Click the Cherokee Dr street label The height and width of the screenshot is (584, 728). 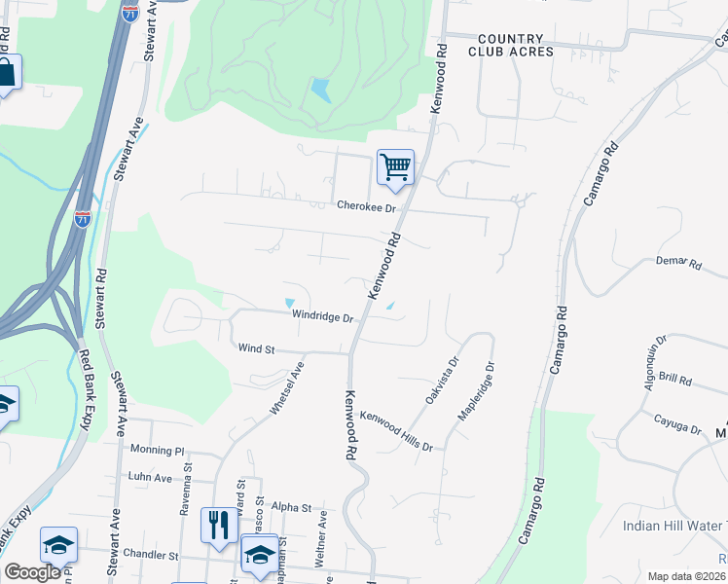367,207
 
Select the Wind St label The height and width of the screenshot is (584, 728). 257,347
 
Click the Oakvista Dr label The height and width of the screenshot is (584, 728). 440,381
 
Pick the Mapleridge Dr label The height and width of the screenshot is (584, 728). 476,392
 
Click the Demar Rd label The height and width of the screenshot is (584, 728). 678,262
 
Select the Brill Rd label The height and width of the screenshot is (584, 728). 673,379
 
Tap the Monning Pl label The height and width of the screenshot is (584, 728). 157,452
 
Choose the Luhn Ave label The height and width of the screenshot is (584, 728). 149,478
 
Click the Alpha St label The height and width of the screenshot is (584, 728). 291,508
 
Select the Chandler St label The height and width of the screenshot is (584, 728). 151,555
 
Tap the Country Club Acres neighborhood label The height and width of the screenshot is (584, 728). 515,45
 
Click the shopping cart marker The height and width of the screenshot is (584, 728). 395,166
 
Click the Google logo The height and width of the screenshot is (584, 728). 32,572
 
